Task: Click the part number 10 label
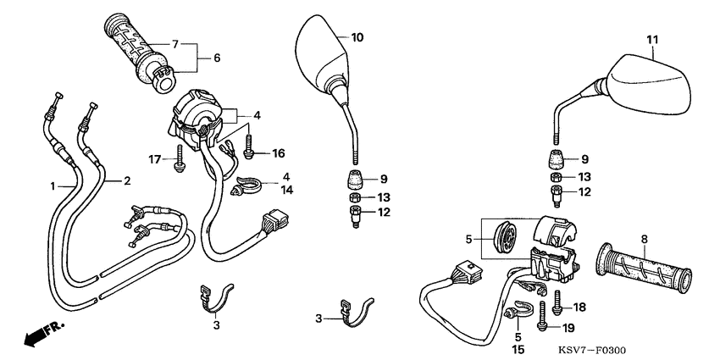357,37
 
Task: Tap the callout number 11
652,40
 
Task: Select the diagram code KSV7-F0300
592,351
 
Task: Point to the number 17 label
154,159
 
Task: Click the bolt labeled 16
248,144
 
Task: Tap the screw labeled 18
558,302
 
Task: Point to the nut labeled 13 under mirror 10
354,198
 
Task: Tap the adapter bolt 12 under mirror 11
556,194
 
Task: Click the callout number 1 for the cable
53,186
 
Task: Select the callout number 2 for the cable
126,180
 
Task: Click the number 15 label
518,350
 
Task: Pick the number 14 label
286,190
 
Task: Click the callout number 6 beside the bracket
217,58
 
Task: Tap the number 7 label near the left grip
175,44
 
